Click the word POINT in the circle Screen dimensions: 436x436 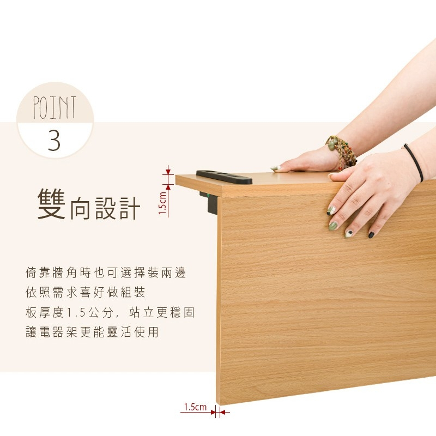(x=55, y=108)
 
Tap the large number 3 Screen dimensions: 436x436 (x=54, y=141)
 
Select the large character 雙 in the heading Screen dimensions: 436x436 (x=51, y=204)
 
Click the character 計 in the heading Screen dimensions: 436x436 (x=130, y=208)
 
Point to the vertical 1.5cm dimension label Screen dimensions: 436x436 (x=162, y=203)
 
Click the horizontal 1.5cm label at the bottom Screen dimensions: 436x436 (x=195, y=407)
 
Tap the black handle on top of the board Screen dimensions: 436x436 (x=224, y=177)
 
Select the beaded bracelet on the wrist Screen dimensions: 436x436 (x=342, y=152)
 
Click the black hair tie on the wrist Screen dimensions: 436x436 (x=414, y=162)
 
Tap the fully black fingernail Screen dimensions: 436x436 (x=371, y=235)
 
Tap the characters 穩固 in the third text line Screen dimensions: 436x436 (x=182, y=312)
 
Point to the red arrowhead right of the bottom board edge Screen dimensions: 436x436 (x=225, y=412)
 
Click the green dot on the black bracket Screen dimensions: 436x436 (x=209, y=196)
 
